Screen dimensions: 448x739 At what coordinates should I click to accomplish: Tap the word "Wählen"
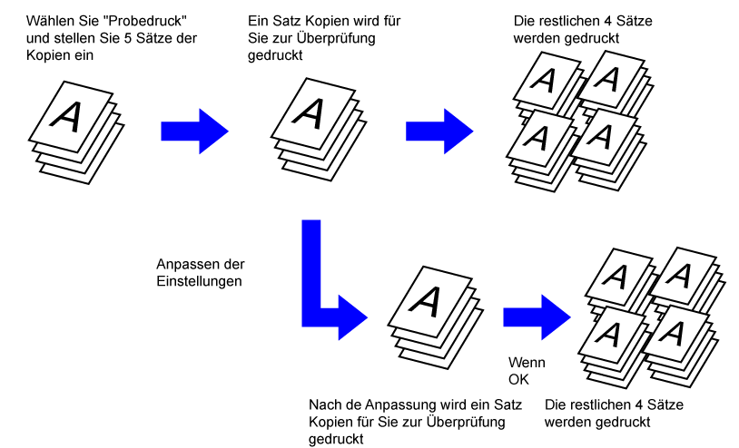click(x=51, y=19)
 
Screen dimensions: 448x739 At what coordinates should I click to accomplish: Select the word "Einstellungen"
click(x=197, y=282)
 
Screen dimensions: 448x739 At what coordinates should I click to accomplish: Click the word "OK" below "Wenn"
click(x=517, y=379)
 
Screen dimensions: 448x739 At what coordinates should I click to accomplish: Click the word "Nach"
click(x=324, y=404)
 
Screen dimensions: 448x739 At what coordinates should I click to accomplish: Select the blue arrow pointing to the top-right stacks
click(x=438, y=131)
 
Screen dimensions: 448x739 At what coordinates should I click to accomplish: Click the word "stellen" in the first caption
click(x=66, y=37)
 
